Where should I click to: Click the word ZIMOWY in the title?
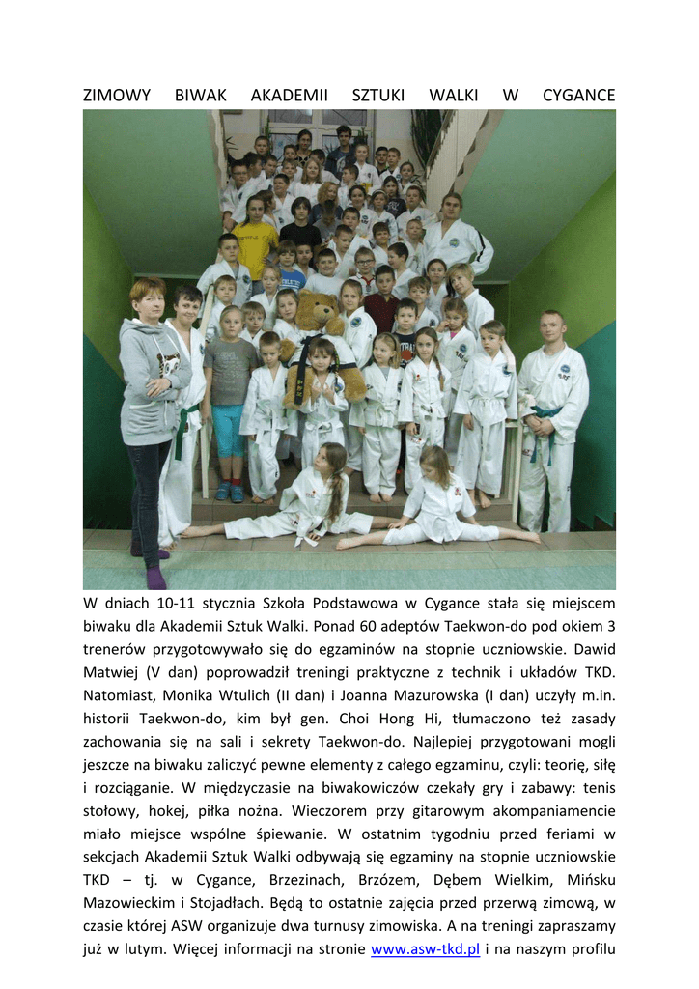click(x=117, y=96)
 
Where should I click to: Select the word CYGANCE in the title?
click(x=578, y=96)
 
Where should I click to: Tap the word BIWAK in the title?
click(x=200, y=96)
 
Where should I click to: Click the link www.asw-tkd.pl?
click(x=425, y=949)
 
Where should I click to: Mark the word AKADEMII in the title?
click(x=289, y=96)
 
